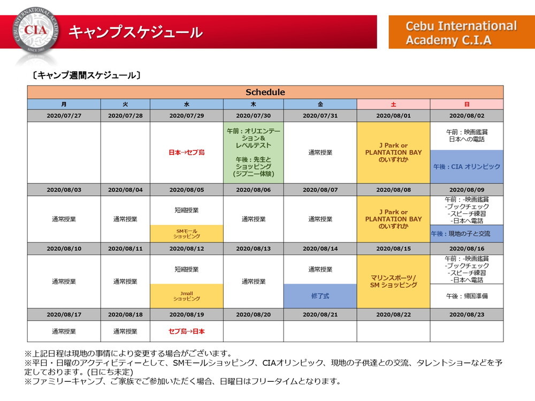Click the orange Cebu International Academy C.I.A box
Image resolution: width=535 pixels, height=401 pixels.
click(x=461, y=33)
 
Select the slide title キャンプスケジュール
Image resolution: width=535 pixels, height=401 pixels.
click(x=135, y=32)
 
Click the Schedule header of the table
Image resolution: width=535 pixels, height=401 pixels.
click(x=265, y=92)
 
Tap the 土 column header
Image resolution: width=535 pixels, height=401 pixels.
click(x=393, y=104)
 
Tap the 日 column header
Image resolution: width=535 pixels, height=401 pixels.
click(x=467, y=104)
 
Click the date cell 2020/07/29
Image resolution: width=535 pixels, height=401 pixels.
click(x=187, y=115)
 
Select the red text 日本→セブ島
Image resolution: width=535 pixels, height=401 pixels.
click(x=187, y=152)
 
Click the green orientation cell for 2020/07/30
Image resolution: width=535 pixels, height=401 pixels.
click(x=253, y=152)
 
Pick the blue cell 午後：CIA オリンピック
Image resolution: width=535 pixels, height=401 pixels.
click(x=467, y=167)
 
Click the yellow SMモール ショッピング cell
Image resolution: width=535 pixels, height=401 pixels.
click(x=187, y=233)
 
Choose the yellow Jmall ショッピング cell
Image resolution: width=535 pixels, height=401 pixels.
click(x=187, y=296)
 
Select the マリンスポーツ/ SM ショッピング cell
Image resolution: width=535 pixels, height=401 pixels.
click(x=393, y=281)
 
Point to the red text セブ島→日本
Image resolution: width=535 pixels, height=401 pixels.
click(x=187, y=331)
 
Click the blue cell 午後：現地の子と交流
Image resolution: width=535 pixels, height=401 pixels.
click(x=467, y=234)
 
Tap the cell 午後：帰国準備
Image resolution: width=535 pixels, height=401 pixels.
click(x=467, y=296)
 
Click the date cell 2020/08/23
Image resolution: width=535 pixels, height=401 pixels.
click(x=467, y=314)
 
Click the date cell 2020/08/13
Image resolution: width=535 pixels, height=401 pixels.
click(x=253, y=249)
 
